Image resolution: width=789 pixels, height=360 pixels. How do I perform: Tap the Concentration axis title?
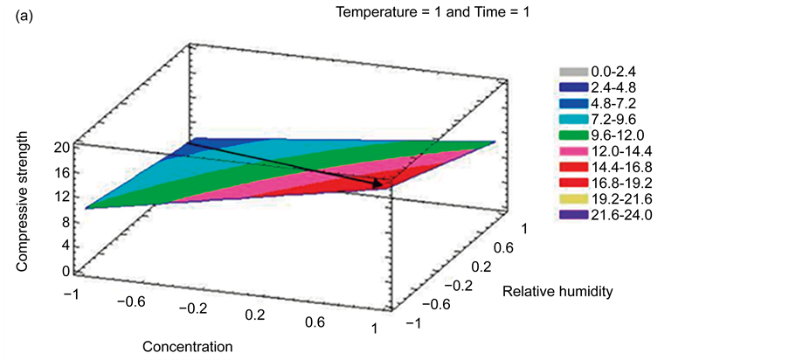(x=188, y=345)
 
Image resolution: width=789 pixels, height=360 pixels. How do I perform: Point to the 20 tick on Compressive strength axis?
(x=60, y=148)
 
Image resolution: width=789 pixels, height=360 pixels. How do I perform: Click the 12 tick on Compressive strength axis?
(x=60, y=197)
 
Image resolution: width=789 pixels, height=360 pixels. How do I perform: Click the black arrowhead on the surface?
(x=378, y=184)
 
